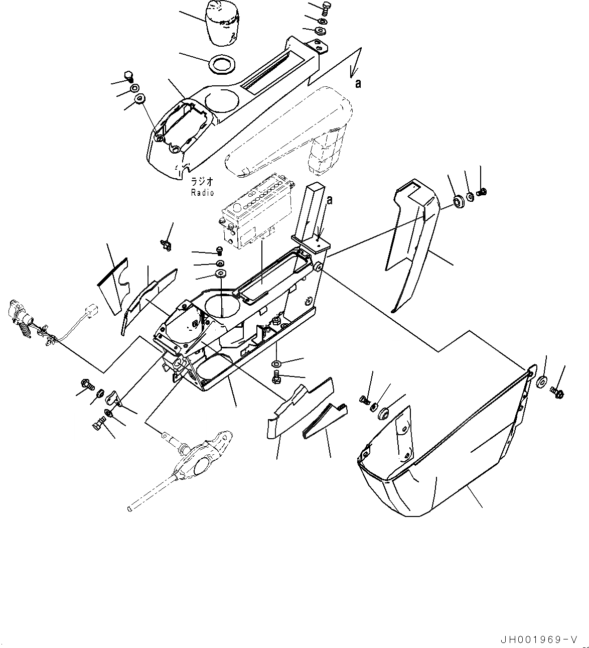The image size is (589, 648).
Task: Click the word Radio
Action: [x=202, y=193]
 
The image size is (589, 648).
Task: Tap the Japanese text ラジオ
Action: [x=202, y=182]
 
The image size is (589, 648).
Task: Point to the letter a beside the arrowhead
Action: [x=358, y=84]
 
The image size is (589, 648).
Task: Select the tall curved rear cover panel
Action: [x=411, y=241]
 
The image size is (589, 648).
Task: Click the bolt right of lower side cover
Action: [x=556, y=389]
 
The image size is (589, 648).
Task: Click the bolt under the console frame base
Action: [x=276, y=378]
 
